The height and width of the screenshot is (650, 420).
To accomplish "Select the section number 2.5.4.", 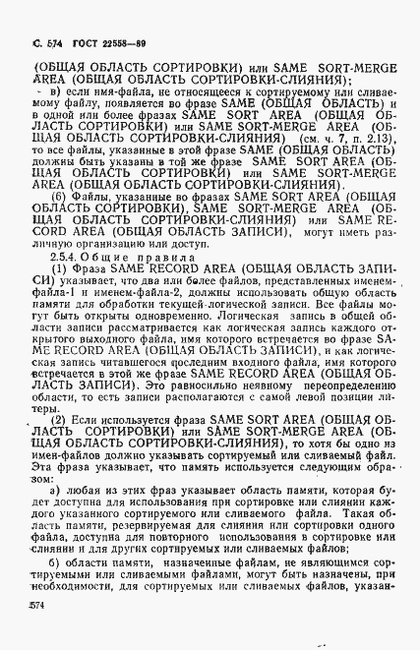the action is [67, 256].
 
